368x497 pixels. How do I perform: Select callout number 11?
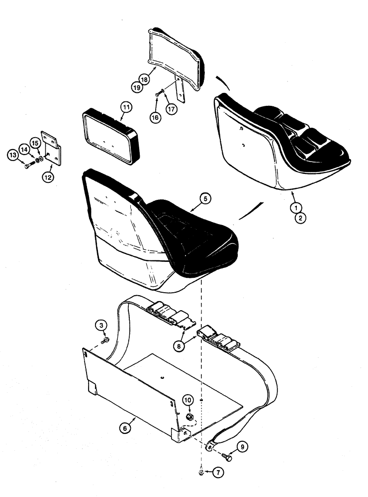point(126,107)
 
